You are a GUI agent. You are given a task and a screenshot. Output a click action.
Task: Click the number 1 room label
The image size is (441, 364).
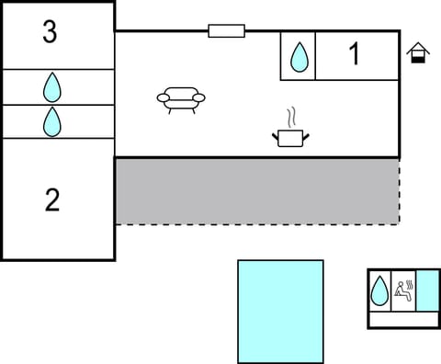[x=354, y=54]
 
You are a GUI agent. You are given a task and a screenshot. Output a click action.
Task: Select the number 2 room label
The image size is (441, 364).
[x=52, y=199]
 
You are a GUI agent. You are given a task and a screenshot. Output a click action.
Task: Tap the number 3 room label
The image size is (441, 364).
[x=50, y=32]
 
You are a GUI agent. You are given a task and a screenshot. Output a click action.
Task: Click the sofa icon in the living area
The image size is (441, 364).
[x=181, y=98]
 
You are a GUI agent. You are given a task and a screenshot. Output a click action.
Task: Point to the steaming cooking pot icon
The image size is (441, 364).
[x=290, y=138]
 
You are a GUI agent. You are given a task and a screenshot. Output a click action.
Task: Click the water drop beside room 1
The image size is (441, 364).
[x=299, y=57]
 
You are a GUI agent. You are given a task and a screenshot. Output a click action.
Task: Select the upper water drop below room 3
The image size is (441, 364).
[x=52, y=87]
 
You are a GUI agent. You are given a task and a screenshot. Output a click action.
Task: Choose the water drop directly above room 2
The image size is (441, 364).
[x=52, y=121]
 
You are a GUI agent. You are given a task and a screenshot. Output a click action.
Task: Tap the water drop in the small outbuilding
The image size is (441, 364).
[x=379, y=291]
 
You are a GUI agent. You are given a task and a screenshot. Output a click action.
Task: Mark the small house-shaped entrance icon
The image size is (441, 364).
[x=419, y=53]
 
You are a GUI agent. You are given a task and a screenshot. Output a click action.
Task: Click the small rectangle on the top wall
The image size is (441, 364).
[x=226, y=31]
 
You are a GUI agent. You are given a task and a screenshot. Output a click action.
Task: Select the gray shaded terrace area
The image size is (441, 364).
[x=257, y=190]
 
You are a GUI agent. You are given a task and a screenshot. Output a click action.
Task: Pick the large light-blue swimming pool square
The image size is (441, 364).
[x=280, y=311]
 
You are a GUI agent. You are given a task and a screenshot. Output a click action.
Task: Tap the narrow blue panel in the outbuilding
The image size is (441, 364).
[x=428, y=290]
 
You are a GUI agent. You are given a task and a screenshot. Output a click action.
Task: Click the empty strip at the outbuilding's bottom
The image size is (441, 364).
[x=404, y=320]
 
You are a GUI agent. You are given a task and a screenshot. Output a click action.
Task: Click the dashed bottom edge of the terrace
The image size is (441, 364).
[x=257, y=224]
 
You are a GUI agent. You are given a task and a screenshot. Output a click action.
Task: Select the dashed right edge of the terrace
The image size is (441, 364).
[x=400, y=190]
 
